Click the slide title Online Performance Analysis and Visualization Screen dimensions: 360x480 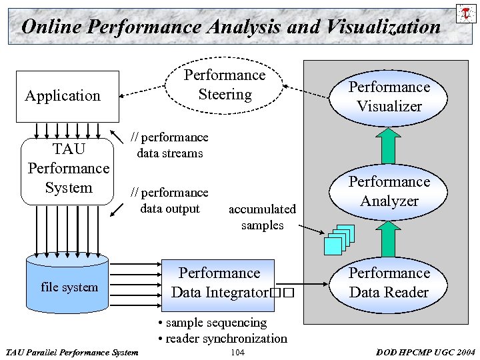(x=231, y=27)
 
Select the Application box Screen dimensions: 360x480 (x=63, y=95)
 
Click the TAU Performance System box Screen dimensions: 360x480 (x=69, y=169)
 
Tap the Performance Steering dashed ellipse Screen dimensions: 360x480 (x=225, y=85)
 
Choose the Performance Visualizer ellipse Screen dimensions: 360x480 (x=389, y=97)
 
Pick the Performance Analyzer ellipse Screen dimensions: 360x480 (x=389, y=191)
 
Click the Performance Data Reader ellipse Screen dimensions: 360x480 (x=389, y=283)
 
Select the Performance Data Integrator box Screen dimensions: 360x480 (x=219, y=283)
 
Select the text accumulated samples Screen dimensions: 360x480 (x=262, y=217)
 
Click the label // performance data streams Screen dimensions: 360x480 (x=169, y=145)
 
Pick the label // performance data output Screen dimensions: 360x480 (x=169, y=201)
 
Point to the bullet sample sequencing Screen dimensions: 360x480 (x=212, y=323)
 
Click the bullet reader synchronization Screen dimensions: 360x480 (x=222, y=339)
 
